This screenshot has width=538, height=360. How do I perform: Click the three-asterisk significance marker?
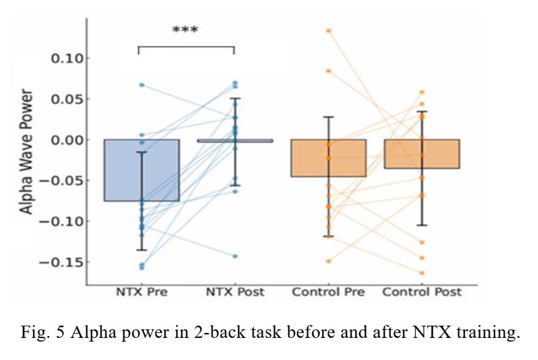pos(185,30)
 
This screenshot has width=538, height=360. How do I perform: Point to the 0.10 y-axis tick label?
pos(69,59)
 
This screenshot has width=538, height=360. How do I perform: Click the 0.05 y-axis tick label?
pos(69,99)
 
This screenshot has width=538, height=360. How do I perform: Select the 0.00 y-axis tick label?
pos(69,140)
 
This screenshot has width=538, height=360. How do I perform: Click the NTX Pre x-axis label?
pos(142,292)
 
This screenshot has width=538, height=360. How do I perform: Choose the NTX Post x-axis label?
pos(234,292)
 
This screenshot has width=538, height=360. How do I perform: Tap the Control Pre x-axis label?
pos(328,292)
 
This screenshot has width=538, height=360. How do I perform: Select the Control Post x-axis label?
pos(422,292)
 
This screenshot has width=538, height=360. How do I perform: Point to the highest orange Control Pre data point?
pos(329,30)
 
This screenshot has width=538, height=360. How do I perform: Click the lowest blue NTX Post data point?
pos(235,256)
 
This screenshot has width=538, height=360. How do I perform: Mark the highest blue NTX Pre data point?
pos(142,85)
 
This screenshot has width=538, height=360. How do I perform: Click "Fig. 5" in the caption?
pos(40,333)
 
